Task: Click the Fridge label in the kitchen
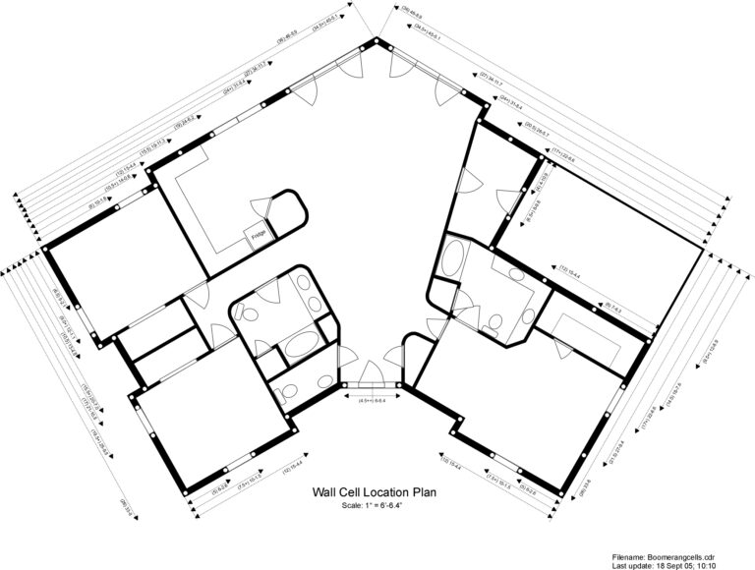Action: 259,237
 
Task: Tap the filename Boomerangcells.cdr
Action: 694,556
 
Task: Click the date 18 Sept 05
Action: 682,565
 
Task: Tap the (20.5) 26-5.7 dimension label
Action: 530,129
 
